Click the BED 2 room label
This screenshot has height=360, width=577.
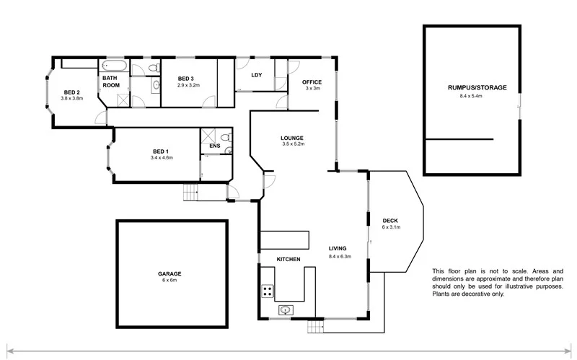[x=71, y=92]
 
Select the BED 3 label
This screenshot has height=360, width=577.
[x=186, y=79]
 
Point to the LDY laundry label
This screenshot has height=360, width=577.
[x=255, y=75]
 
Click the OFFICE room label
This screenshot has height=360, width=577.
[x=312, y=82]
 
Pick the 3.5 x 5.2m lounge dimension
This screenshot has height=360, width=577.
[x=293, y=144]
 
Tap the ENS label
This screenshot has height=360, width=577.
[x=214, y=146]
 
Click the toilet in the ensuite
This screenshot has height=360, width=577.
[x=226, y=137]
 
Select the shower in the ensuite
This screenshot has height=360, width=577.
[x=210, y=135]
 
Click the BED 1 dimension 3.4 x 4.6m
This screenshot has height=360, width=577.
[x=162, y=158]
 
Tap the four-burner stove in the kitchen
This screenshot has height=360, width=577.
[x=267, y=291]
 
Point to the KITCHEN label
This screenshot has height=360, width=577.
[x=288, y=259]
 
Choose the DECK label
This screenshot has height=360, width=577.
[x=390, y=221]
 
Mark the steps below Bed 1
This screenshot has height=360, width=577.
[x=191, y=193]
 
